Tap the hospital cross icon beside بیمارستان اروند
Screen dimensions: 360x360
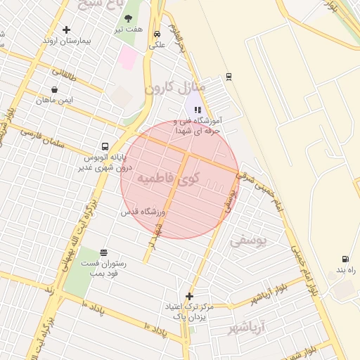click(67, 30)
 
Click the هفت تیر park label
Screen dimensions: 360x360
click(129, 30)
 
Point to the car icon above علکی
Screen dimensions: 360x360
click(157, 33)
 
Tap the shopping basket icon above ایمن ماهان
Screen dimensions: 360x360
click(54, 89)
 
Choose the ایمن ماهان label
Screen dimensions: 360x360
click(55, 100)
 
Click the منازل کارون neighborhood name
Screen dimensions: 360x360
click(174, 87)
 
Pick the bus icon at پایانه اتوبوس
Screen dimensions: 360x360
click(105, 147)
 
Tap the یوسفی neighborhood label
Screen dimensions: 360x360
click(249, 240)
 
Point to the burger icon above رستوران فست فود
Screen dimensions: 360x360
click(104, 252)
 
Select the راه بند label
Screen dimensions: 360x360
click(343, 269)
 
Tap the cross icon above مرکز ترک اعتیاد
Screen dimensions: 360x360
click(189, 296)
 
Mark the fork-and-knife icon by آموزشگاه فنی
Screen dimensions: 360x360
click(198, 110)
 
